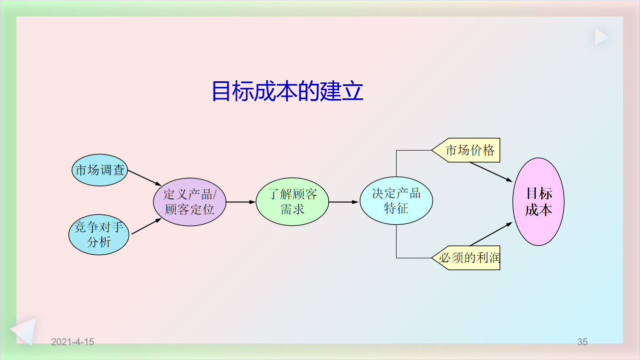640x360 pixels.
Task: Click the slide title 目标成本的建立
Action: (x=287, y=92)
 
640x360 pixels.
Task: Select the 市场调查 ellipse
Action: (x=100, y=171)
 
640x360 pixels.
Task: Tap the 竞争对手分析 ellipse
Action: (x=99, y=235)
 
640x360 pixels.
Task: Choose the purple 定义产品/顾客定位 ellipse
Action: (x=190, y=202)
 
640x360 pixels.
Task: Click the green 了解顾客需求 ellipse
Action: (x=292, y=202)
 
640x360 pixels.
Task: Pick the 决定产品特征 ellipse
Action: (x=396, y=201)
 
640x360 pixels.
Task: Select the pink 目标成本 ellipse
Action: (x=538, y=201)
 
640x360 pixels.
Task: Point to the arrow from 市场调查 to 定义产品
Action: (x=145, y=178)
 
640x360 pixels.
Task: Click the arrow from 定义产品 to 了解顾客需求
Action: (x=241, y=202)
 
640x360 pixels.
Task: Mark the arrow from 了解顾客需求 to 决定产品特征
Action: (x=344, y=202)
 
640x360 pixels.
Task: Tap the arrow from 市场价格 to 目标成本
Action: (x=491, y=172)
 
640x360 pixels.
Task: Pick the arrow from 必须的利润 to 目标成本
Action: (x=491, y=234)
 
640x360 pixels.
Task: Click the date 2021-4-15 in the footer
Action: (x=73, y=342)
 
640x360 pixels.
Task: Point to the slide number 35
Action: (x=582, y=342)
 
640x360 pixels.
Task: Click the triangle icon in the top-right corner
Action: (x=601, y=37)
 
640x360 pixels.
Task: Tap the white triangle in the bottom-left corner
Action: (x=24, y=331)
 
